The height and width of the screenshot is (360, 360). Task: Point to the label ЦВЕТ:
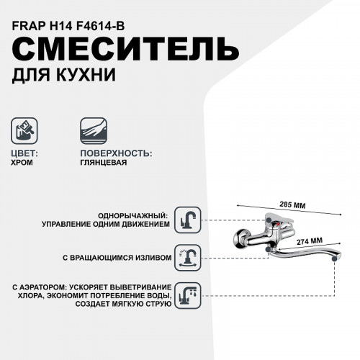27,153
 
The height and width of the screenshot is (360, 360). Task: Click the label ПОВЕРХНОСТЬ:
115,153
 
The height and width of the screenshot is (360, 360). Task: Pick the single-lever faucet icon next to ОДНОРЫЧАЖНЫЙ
189,219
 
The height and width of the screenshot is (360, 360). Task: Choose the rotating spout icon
189,256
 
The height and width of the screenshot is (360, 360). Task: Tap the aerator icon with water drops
189,295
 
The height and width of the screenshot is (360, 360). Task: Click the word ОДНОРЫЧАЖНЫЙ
134,215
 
